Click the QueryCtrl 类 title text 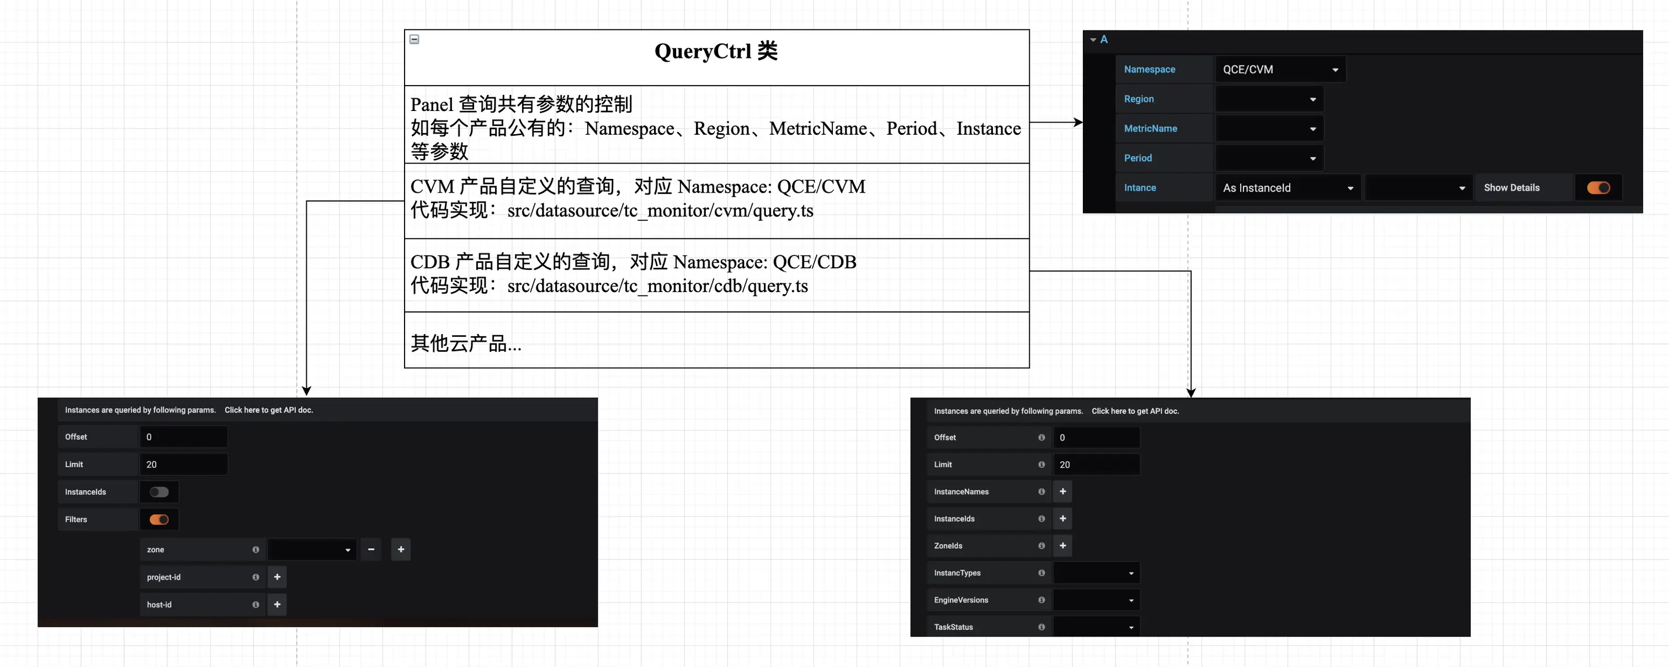[x=715, y=51]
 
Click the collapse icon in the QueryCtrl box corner [x=414, y=40]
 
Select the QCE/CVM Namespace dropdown [x=1279, y=70]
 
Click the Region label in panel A [x=1139, y=99]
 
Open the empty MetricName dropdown [x=1269, y=128]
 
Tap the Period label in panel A [x=1138, y=158]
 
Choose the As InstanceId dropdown [x=1287, y=188]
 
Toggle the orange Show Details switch [x=1598, y=188]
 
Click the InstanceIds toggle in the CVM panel [x=159, y=492]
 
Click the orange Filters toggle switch [x=159, y=519]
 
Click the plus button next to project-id [x=277, y=577]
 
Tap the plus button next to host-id [x=277, y=604]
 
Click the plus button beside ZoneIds [x=1062, y=546]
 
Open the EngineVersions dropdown [x=1096, y=600]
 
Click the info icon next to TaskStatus [x=1041, y=627]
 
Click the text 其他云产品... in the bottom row [x=465, y=343]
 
